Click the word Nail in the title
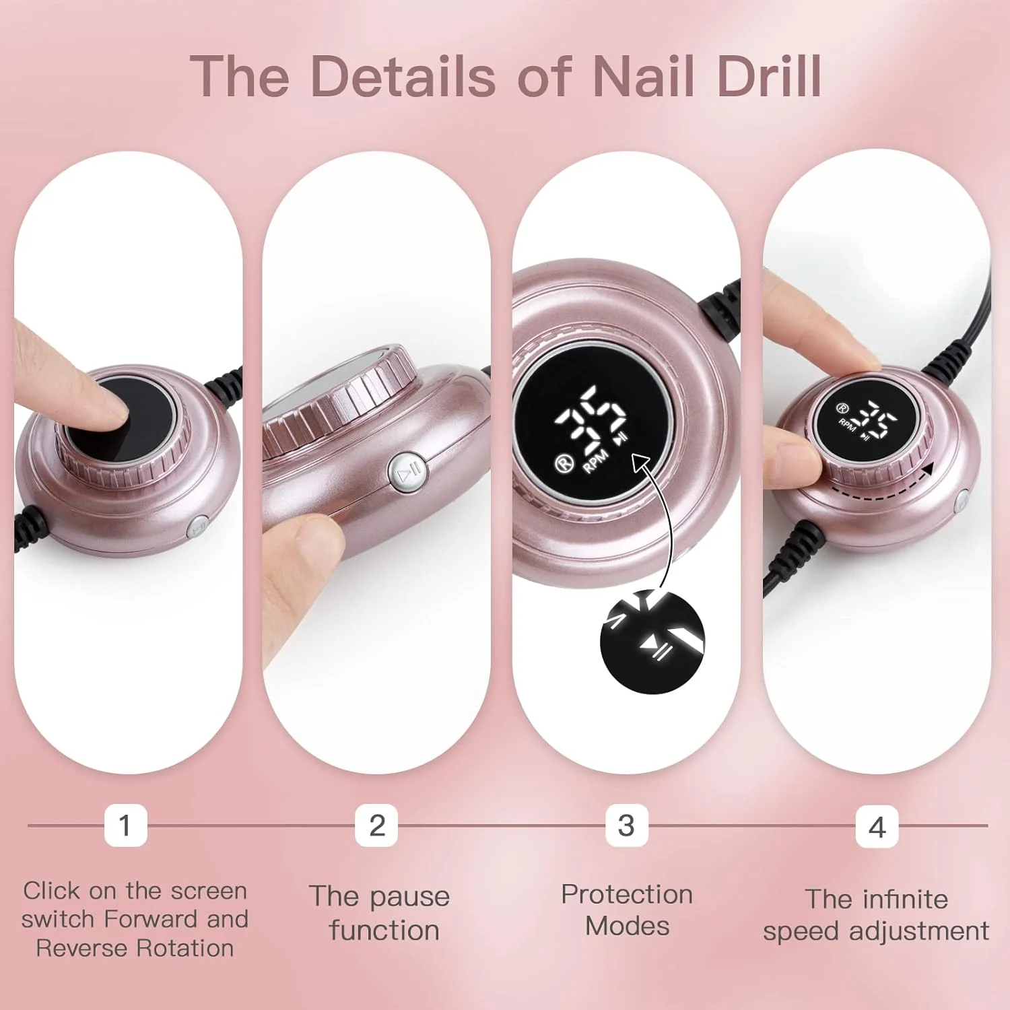click(643, 76)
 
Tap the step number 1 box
click(125, 825)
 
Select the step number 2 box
click(376, 825)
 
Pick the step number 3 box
click(627, 825)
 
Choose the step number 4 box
click(877, 826)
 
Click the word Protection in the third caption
click(627, 894)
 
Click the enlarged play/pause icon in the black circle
click(656, 649)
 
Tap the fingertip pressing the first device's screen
click(101, 404)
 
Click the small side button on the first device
click(198, 527)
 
